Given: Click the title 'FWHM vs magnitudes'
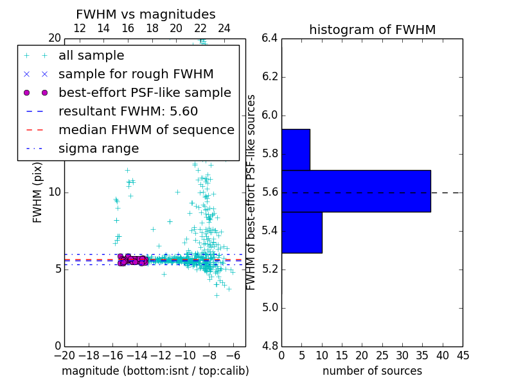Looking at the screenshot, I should click(x=145, y=14).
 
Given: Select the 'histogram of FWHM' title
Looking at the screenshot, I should click(x=372, y=30).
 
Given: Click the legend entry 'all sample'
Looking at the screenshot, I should click(x=91, y=56).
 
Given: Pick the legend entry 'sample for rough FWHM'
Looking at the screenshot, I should click(x=136, y=74).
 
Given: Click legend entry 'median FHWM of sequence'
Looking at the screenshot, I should click(x=146, y=130).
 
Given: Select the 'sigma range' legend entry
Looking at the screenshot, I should click(x=98, y=148).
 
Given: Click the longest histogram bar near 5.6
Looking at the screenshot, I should click(x=356, y=191).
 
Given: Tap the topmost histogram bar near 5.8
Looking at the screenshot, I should click(x=296, y=150).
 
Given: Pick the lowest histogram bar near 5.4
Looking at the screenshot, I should click(x=301, y=232).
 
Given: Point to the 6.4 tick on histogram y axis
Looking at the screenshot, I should click(x=270, y=38).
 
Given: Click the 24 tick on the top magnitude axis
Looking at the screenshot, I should click(x=224, y=28).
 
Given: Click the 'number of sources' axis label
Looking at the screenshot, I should click(x=372, y=371).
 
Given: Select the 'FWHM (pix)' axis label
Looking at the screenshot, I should click(x=38, y=192).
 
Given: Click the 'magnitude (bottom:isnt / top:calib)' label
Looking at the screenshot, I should click(x=155, y=371).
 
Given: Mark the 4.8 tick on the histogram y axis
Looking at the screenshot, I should click(x=270, y=346).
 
